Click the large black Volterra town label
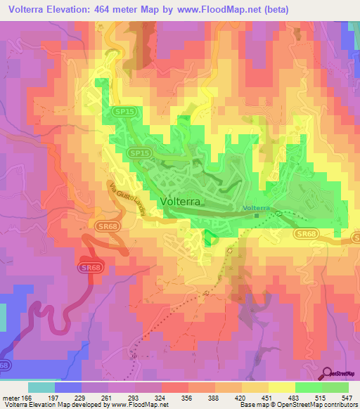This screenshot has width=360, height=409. click(x=182, y=201)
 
